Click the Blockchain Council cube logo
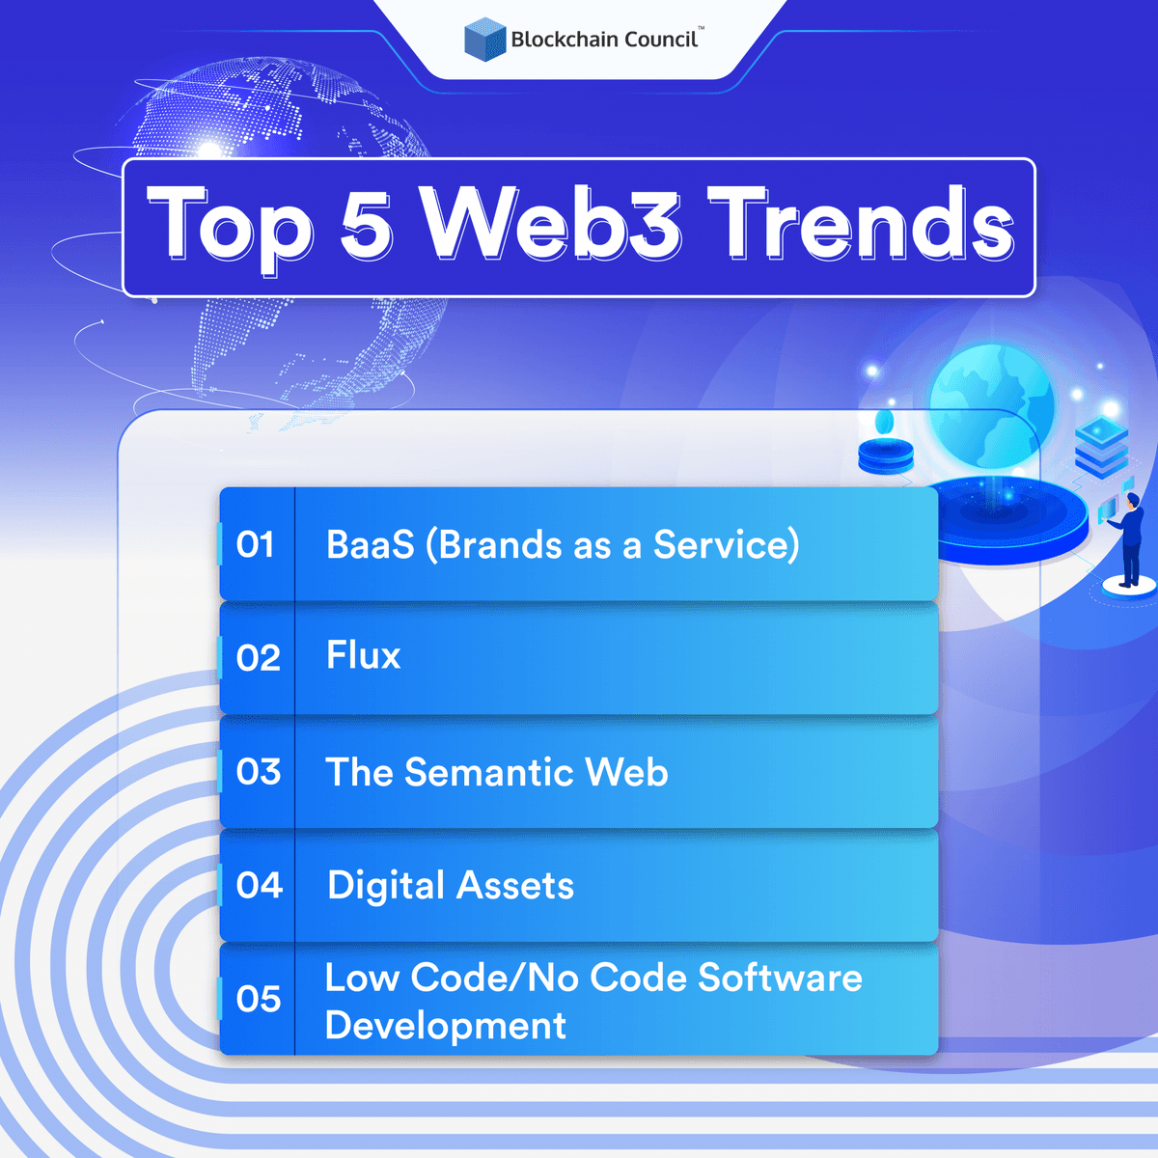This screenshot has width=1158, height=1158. tap(484, 40)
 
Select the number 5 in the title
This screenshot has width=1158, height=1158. tap(367, 224)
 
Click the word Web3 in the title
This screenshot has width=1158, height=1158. tap(554, 224)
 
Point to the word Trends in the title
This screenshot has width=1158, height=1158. tap(861, 224)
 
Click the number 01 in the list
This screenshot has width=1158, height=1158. tap(256, 545)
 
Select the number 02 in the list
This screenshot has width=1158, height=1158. tap(258, 658)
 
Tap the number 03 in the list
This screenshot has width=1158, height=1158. tap(258, 772)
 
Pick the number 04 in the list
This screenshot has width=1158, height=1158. tap(259, 885)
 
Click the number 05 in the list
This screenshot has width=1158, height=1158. tap(258, 999)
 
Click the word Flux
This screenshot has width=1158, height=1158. tap(363, 656)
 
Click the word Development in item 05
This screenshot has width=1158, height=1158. tap(445, 1026)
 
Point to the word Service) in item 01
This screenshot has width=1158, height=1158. tap(726, 545)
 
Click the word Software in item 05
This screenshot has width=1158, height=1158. tap(780, 978)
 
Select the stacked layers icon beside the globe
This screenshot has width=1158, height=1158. tap(1101, 450)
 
